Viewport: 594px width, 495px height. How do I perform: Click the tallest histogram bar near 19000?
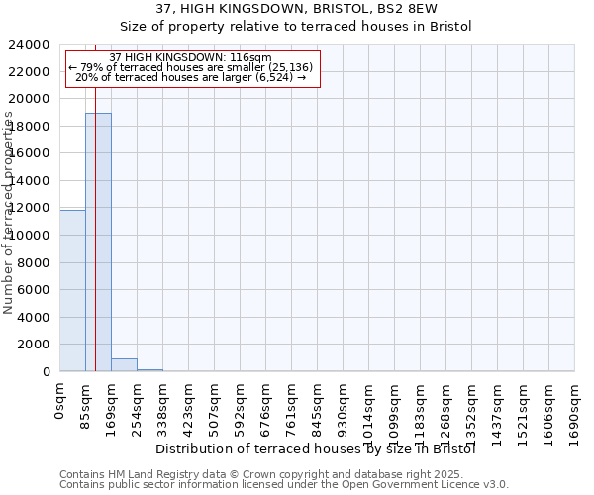pos(98,243)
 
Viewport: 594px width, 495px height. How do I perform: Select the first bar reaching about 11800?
pos(72,291)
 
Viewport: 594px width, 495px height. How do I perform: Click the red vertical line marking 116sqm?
pos(95,218)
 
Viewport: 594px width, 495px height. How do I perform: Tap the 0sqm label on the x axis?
pos(60,403)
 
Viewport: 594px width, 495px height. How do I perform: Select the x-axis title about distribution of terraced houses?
pos(317,449)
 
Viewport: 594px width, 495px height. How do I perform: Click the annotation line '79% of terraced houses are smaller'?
pos(191,67)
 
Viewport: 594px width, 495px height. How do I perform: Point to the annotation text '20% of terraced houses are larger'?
pos(191,77)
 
